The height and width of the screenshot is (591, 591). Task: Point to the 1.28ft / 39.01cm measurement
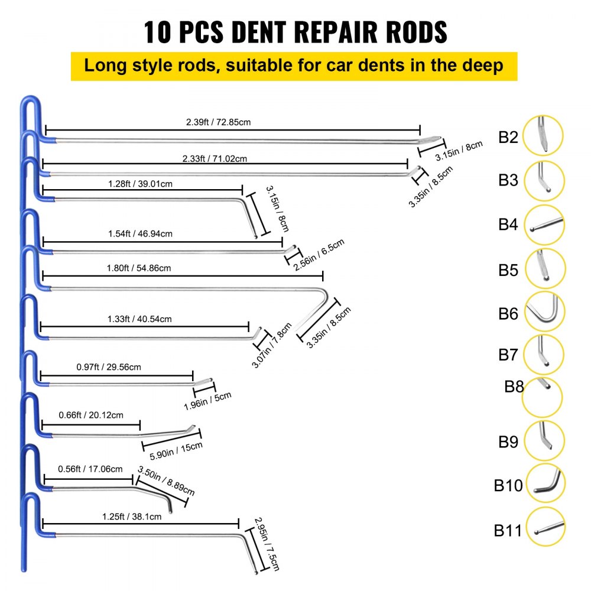pyautogui.click(x=141, y=184)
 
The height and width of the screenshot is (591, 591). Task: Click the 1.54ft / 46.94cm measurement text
pyautogui.click(x=141, y=233)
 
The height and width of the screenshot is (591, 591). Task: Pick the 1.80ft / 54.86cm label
pyautogui.click(x=140, y=268)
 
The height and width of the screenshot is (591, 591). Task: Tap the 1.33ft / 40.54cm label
pyautogui.click(x=140, y=319)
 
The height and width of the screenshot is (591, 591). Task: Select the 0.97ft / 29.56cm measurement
pyautogui.click(x=109, y=367)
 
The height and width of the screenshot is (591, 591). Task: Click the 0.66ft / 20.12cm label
pyautogui.click(x=91, y=415)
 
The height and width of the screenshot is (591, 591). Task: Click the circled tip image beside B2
pyautogui.click(x=543, y=136)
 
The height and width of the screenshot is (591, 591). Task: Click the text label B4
pyautogui.click(x=508, y=225)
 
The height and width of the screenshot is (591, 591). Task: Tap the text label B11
pyautogui.click(x=508, y=530)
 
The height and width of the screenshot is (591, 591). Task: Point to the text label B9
pyautogui.click(x=508, y=441)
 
